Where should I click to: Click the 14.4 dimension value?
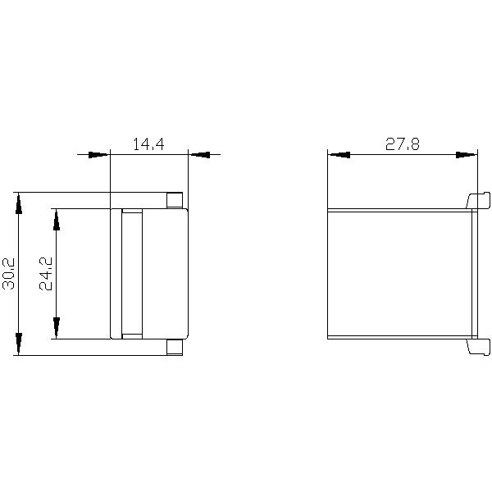148,144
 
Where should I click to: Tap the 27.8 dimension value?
403,144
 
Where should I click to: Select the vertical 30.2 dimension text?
9,273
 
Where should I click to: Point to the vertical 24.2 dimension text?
46,274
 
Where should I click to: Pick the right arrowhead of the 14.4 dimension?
199,154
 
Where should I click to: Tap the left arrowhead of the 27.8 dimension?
339,154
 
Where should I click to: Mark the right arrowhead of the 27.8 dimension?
466,154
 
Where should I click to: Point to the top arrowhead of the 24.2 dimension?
56,219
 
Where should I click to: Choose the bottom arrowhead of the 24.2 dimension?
56,328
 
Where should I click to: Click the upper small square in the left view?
175,200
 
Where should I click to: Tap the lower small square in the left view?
175,347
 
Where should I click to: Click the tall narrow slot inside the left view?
131,273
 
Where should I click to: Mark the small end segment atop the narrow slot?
131,213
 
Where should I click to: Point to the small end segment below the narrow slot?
131,335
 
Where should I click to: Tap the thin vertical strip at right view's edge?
473,273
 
